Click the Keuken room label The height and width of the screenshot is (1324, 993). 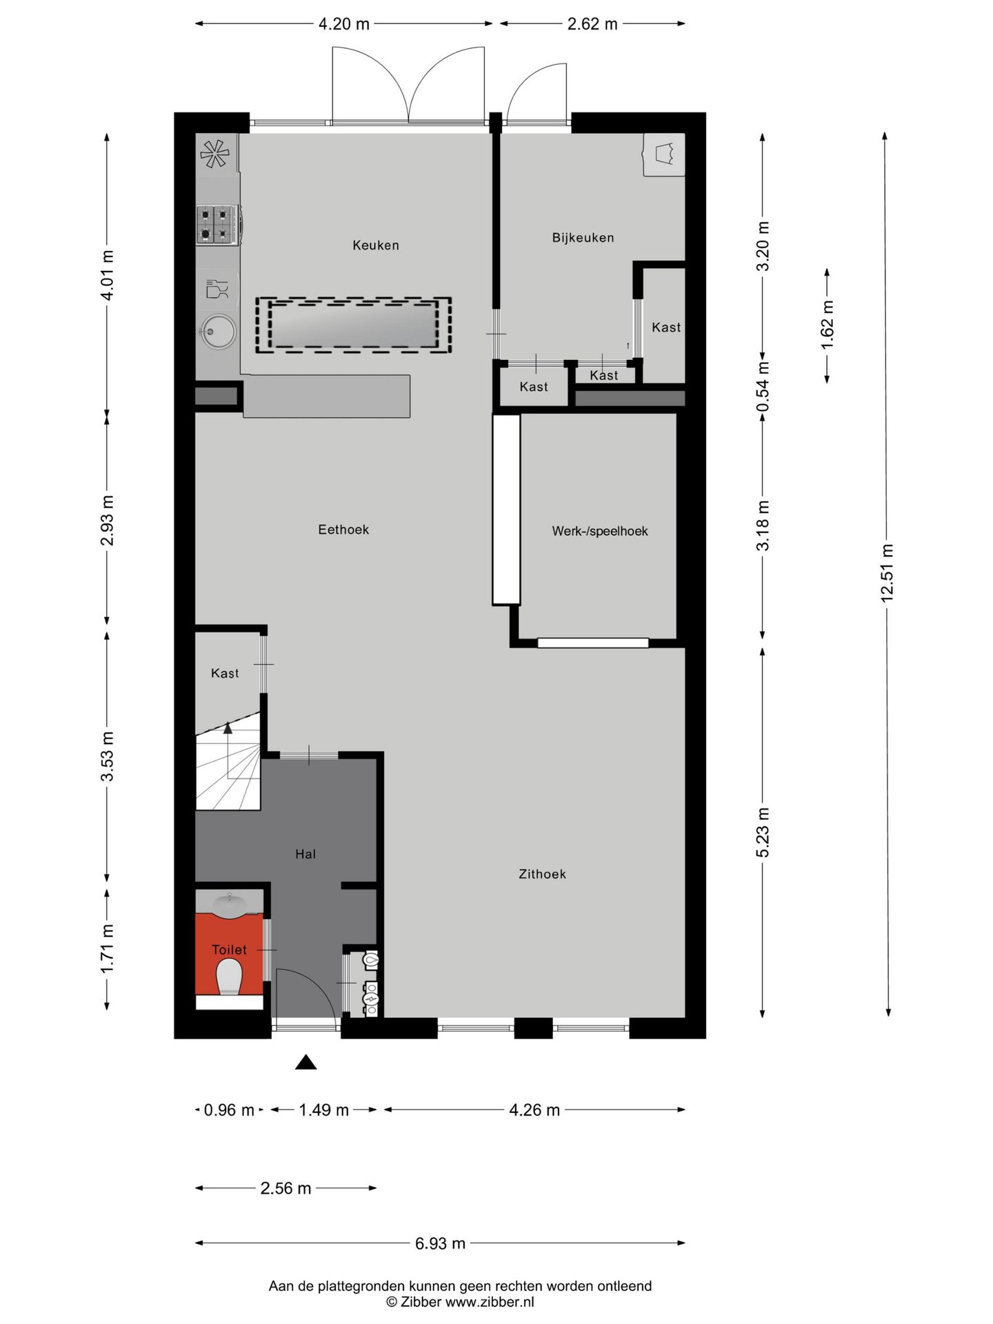coord(376,245)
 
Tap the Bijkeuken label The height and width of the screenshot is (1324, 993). coord(583,237)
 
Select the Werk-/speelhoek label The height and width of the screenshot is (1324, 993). coord(600,531)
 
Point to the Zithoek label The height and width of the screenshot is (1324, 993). coord(543,874)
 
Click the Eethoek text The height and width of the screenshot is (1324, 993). coord(343,530)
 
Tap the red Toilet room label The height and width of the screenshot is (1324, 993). coord(229,950)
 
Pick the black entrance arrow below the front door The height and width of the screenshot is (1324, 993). coord(305,1062)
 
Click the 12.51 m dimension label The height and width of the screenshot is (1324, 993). coord(887,573)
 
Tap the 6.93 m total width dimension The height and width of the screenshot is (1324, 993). coord(440,1243)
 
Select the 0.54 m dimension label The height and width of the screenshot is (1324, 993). coord(763,386)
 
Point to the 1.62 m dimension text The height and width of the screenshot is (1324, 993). coord(827,324)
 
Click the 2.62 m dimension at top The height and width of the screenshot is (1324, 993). coord(592,24)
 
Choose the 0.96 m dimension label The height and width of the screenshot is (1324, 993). coord(229,1110)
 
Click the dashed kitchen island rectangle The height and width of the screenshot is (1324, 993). coord(353,325)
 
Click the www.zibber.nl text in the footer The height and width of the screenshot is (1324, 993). coord(490,1302)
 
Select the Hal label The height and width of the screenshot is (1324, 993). coord(305,854)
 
